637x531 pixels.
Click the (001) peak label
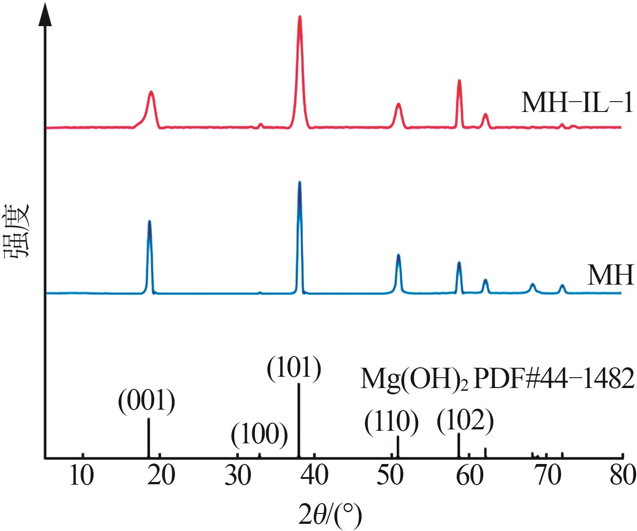pyautogui.click(x=146, y=401)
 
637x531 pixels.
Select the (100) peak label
pyautogui.click(x=259, y=435)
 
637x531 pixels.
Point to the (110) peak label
pyautogui.click(x=392, y=423)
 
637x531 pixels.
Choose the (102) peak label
pyautogui.click(x=466, y=420)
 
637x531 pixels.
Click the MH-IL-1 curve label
pyautogui.click(x=577, y=103)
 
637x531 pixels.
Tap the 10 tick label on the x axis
pyautogui.click(x=83, y=476)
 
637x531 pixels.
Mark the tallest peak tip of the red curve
pyautogui.click(x=300, y=17)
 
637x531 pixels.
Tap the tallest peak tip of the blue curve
pyautogui.click(x=299, y=182)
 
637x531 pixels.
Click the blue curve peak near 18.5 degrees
pyautogui.click(x=149, y=221)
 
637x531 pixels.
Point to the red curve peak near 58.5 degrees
pyautogui.click(x=459, y=81)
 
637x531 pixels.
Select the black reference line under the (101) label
pyautogui.click(x=299, y=420)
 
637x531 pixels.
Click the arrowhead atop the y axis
pyautogui.click(x=45, y=13)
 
